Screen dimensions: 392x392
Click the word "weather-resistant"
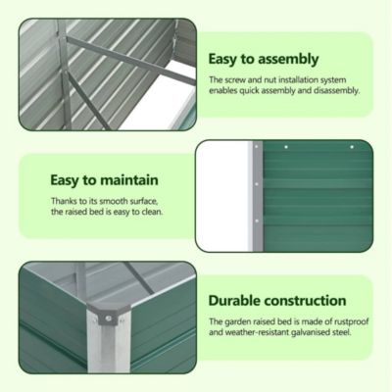(x=261, y=333)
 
